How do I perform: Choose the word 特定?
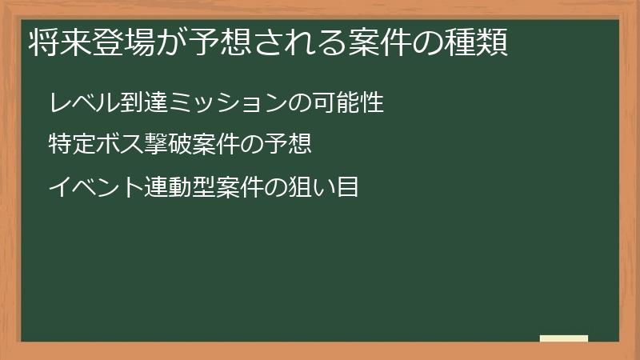click(67, 146)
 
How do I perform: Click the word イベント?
click(86, 188)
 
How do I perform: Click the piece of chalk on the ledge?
click(564, 338)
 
